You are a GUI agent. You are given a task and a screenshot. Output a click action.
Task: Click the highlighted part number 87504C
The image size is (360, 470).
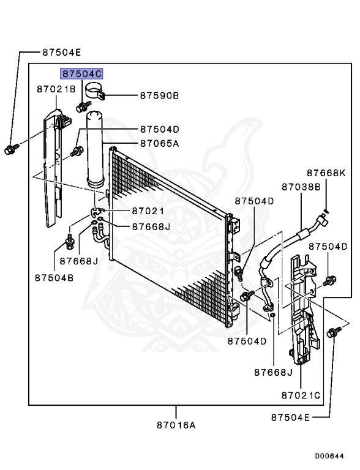pyautogui.click(x=81, y=73)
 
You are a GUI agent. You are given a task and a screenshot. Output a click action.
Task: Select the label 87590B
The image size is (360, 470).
pyautogui.click(x=159, y=95)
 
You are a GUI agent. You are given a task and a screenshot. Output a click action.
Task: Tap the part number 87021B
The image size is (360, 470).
pyautogui.click(x=56, y=89)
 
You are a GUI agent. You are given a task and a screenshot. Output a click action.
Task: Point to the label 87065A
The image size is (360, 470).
pyautogui.click(x=159, y=144)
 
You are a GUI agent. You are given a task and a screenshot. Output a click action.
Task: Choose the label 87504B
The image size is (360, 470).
pyautogui.click(x=54, y=277)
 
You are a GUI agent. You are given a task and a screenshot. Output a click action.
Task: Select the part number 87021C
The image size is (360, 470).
pyautogui.click(x=301, y=396)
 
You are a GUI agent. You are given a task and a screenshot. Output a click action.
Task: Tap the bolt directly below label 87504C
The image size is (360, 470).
pyautogui.click(x=80, y=109)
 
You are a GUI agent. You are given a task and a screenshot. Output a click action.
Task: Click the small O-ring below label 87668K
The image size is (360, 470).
pyautogui.click(x=327, y=212)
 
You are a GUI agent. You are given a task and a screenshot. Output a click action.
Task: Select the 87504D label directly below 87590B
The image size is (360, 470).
pyautogui.click(x=159, y=129)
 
